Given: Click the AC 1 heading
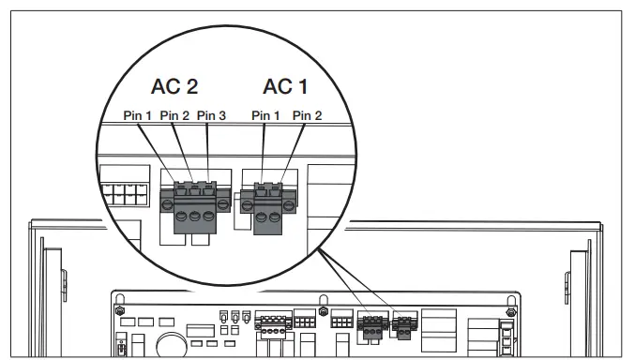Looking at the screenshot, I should [x=284, y=87].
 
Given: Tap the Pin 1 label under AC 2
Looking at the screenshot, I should [x=138, y=115].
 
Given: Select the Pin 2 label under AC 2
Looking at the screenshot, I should [x=174, y=115].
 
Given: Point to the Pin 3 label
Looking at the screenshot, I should [x=211, y=115].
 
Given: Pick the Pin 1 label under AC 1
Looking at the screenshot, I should [x=266, y=115].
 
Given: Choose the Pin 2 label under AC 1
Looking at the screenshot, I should [x=307, y=115].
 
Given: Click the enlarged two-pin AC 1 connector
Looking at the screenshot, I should [x=268, y=204].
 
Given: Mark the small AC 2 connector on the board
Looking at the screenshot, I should [x=372, y=323].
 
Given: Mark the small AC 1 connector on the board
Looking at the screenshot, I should [x=404, y=325].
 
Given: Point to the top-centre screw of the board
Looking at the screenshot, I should [x=322, y=309].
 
